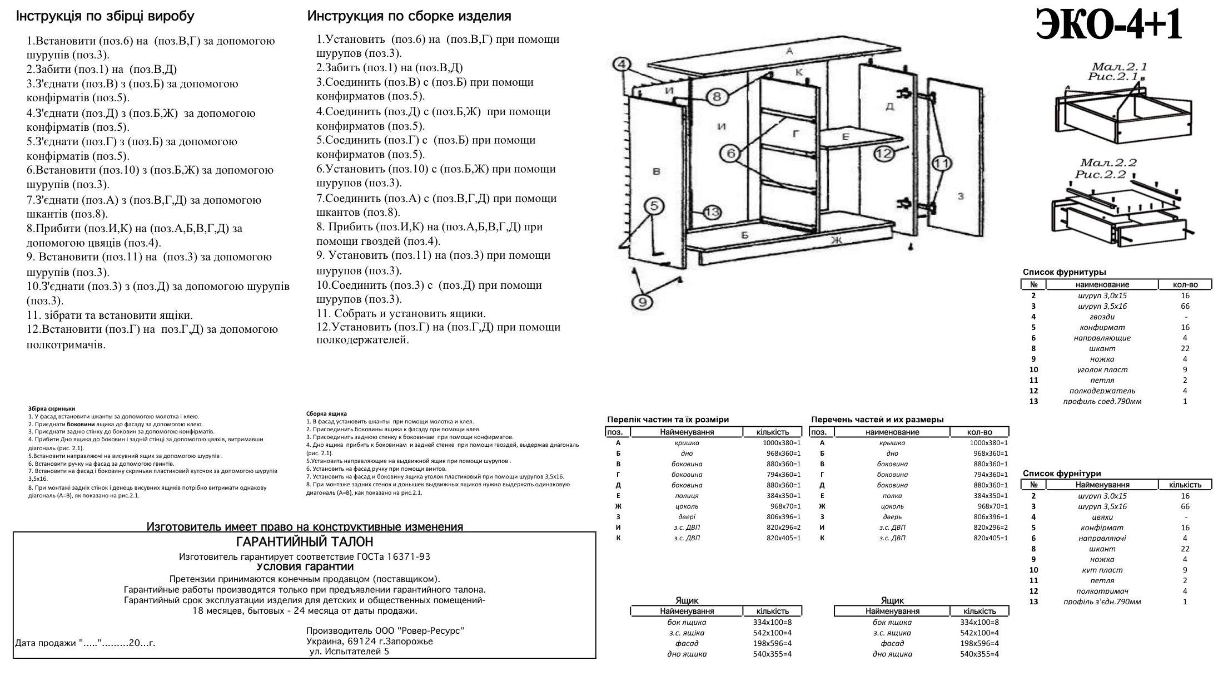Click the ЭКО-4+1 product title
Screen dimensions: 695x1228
tap(1108, 26)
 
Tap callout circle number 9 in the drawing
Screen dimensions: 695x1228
tap(643, 302)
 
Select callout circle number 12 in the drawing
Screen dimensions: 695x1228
tap(884, 153)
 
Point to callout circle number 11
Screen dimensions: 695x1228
tap(941, 164)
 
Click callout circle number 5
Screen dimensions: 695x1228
tap(654, 206)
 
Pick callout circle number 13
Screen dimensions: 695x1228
tap(712, 213)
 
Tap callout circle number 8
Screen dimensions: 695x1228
tap(717, 97)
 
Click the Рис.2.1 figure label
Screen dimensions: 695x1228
tap(1113, 77)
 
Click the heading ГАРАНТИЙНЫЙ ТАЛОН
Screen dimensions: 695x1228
tap(305, 542)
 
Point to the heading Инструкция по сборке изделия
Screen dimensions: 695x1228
tap(409, 16)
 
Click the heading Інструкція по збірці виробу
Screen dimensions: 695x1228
tap(105, 16)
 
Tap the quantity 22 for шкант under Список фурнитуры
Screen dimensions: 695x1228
tap(1185, 348)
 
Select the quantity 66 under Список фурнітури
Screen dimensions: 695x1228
tap(1185, 506)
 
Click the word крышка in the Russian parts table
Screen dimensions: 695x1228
tap(892, 443)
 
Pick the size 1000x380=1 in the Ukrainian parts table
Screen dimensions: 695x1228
tap(782, 443)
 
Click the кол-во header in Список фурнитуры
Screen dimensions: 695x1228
tap(1185, 285)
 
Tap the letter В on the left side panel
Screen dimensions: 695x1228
tap(656, 171)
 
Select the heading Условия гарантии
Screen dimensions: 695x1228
tap(305, 567)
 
